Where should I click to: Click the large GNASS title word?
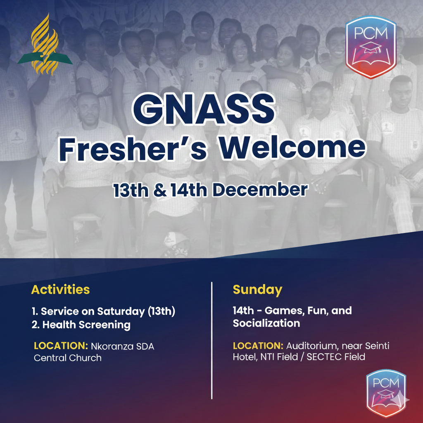tap(204, 109)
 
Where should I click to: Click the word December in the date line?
tap(260, 190)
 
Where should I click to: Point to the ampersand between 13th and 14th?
tap(160, 190)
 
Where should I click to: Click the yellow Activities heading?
tap(60, 290)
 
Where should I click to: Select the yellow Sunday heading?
tap(257, 290)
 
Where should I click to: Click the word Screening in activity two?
tap(105, 325)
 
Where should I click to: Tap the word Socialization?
tap(266, 323)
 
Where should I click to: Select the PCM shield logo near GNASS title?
tap(371, 47)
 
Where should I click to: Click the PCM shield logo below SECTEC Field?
tap(386, 393)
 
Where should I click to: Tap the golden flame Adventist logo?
tap(45, 45)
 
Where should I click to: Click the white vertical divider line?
tap(212, 340)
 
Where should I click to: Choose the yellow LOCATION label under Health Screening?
tap(61, 346)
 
